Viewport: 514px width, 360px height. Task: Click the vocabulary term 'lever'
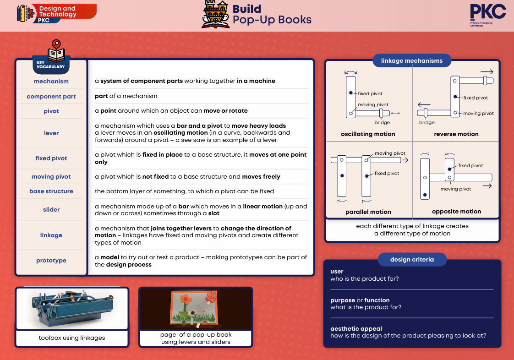[51, 133]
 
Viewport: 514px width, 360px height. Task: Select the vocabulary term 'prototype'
[51, 260]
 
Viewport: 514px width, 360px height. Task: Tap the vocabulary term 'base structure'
[51, 191]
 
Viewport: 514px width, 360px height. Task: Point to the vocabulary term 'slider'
[51, 209]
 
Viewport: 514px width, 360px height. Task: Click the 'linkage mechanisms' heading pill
[412, 60]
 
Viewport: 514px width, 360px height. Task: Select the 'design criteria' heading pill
[412, 259]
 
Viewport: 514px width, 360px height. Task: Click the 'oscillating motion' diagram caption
[368, 134]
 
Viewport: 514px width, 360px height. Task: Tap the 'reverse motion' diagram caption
[456, 134]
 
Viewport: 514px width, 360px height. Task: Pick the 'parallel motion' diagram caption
[368, 212]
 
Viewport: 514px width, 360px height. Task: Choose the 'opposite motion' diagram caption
[456, 212]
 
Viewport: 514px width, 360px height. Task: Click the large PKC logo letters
[488, 12]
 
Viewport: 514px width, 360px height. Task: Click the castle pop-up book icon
[215, 14]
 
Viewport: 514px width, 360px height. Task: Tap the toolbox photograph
[72, 308]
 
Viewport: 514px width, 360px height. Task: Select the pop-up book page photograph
[196, 308]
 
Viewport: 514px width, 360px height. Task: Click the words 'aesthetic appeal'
[356, 328]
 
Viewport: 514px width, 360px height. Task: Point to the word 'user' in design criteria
[337, 272]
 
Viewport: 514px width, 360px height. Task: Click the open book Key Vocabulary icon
[56, 51]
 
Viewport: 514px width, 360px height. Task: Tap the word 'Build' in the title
[247, 9]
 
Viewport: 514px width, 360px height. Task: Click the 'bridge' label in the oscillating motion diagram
[382, 122]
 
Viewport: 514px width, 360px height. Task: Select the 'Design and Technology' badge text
[58, 11]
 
